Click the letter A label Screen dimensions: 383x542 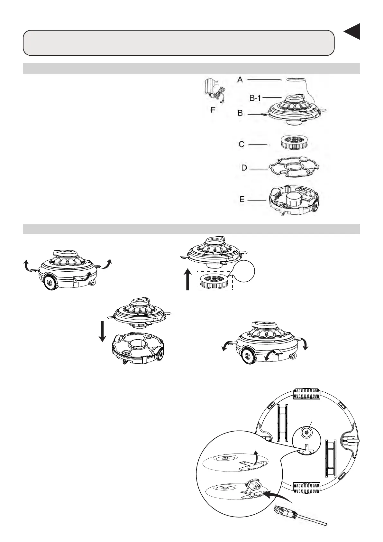coord(240,79)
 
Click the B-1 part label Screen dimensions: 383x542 coord(255,98)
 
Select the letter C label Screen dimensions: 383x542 coord(242,145)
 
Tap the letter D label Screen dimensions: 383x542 coord(244,168)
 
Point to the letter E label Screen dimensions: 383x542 coord(242,200)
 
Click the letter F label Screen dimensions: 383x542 coord(213,110)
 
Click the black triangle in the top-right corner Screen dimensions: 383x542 coord(353,32)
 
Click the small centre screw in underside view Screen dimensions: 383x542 coord(306,434)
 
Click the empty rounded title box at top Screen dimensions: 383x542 coord(179,43)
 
